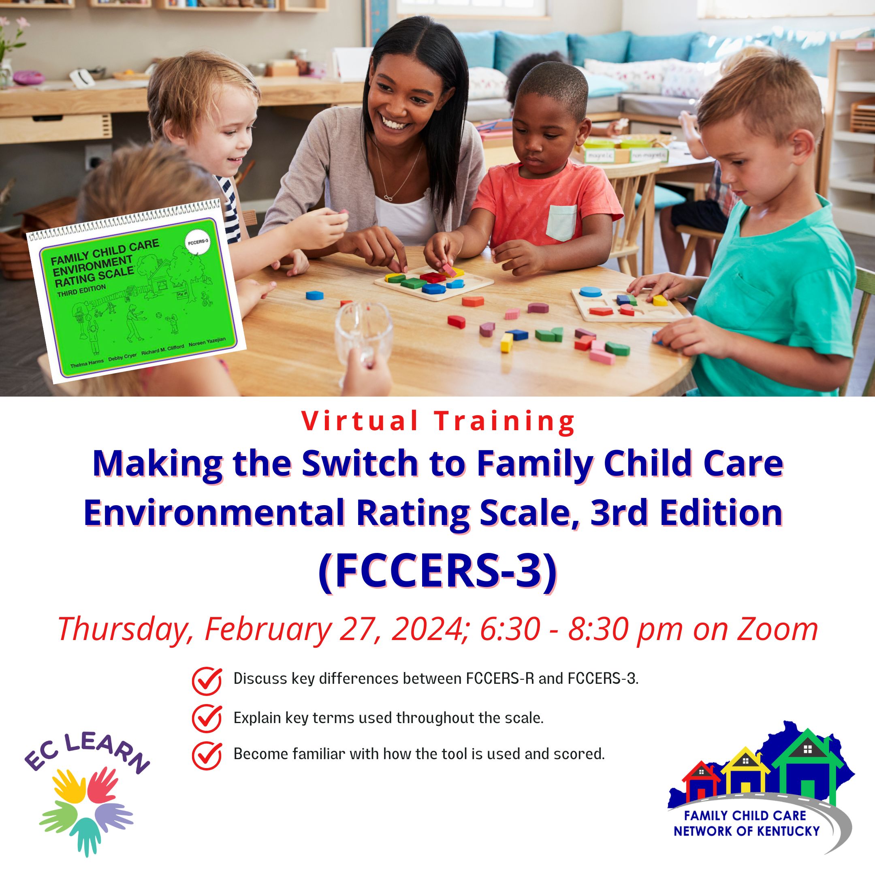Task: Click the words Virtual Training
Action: (x=437, y=421)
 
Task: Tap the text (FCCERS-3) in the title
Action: (x=437, y=572)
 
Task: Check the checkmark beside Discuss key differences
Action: (x=207, y=680)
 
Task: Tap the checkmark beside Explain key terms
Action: (x=207, y=718)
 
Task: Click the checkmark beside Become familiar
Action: (x=207, y=755)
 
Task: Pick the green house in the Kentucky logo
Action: (x=807, y=765)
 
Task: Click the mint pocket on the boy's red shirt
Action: (x=561, y=222)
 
